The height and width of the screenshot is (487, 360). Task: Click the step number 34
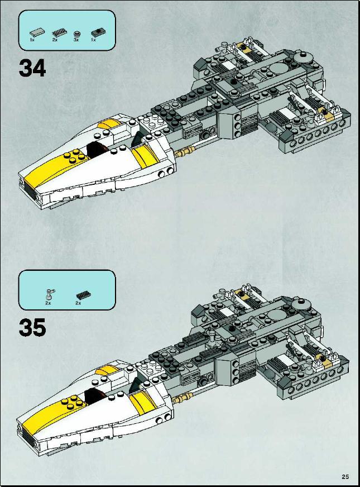[x=32, y=68]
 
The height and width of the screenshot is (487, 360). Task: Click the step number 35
[x=32, y=327]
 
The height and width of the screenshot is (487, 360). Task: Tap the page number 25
[x=345, y=476]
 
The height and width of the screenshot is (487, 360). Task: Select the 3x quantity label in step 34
[x=76, y=40]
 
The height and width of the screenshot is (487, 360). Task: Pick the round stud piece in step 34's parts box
[x=76, y=34]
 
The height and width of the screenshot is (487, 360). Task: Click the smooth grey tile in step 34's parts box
[x=37, y=32]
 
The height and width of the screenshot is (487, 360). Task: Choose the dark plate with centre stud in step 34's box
[x=97, y=32]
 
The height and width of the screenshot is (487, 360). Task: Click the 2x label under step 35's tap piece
[x=48, y=303]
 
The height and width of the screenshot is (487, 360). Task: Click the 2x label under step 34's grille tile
[x=55, y=40]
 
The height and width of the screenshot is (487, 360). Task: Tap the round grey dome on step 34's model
[x=302, y=58]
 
